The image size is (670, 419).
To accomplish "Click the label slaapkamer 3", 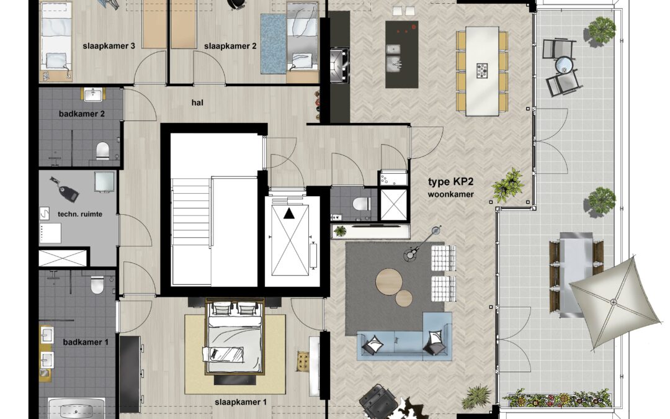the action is point(109,46).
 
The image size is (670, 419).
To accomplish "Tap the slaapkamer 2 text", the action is point(230,46).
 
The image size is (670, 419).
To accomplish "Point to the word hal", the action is point(197,102).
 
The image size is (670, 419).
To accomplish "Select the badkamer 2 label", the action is point(82,114).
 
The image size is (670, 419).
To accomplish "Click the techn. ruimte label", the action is point(80,214).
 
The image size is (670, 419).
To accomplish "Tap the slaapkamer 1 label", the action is point(241,402).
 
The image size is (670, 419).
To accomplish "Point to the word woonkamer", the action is point(451,194).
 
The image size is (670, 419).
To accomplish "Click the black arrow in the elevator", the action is point(289,213).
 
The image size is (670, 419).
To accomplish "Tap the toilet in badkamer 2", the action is point(102,150).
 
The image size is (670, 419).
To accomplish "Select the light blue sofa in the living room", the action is point(404,337).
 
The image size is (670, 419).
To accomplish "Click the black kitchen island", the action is point(401,54).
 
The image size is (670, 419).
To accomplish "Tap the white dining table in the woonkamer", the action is point(482,71).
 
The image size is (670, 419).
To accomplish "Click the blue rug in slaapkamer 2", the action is point(274,43).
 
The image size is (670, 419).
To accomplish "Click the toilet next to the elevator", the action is point(361,203).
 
